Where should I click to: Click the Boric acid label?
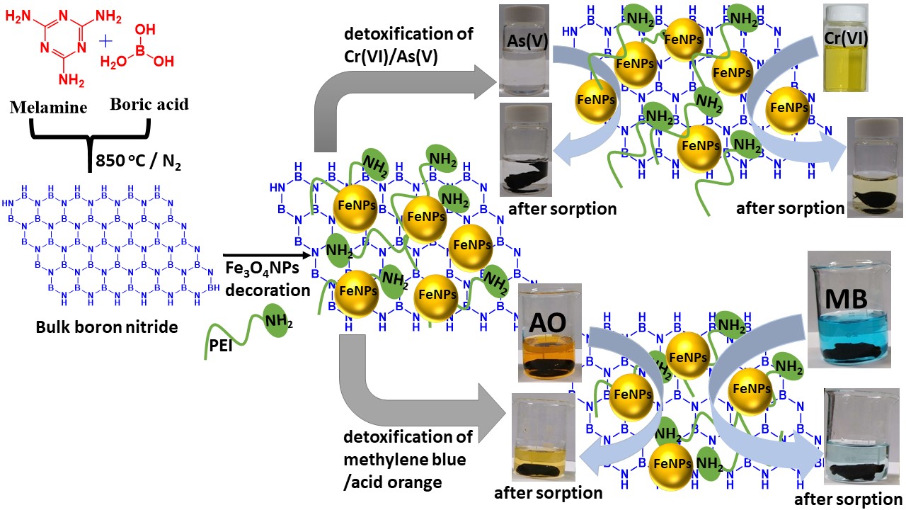pyautogui.click(x=149, y=104)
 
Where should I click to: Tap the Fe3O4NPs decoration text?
pyautogui.click(x=267, y=279)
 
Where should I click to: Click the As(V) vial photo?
pyautogui.click(x=524, y=51)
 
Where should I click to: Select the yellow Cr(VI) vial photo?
pyautogui.click(x=847, y=48)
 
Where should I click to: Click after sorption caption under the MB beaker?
pyautogui.click(x=849, y=499)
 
